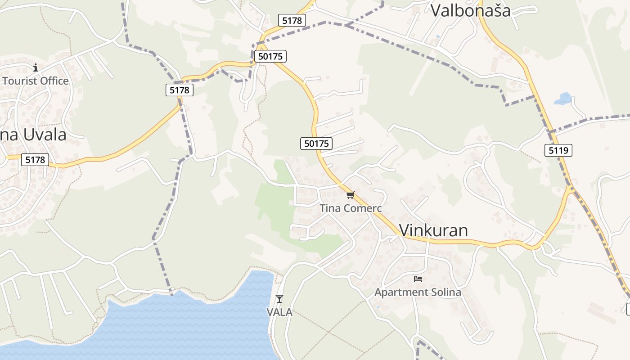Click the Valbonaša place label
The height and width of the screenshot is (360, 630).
pyautogui.click(x=471, y=10)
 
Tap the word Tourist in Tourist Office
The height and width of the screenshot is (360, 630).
pyautogui.click(x=21, y=81)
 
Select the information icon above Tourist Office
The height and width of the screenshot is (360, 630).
pyautogui.click(x=36, y=68)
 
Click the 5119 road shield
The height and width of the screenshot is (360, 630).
pyautogui.click(x=558, y=150)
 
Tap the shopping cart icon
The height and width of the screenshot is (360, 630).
pyautogui.click(x=351, y=195)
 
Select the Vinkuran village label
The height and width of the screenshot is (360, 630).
pyautogui.click(x=433, y=230)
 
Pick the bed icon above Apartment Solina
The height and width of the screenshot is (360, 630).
pyautogui.click(x=418, y=279)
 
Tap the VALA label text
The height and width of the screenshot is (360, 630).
pyautogui.click(x=279, y=312)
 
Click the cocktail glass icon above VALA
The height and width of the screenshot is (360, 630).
pyautogui.click(x=279, y=298)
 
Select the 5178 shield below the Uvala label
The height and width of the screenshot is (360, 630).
pyautogui.click(x=35, y=160)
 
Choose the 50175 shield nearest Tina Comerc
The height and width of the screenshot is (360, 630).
pyautogui.click(x=316, y=144)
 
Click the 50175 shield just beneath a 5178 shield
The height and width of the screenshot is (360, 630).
pyautogui.click(x=270, y=56)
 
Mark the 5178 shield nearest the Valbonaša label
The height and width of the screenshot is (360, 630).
pyautogui.click(x=292, y=20)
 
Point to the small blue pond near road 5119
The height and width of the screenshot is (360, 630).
pyautogui.click(x=562, y=99)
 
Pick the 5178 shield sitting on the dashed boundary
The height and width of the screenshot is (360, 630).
pyautogui.click(x=179, y=90)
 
